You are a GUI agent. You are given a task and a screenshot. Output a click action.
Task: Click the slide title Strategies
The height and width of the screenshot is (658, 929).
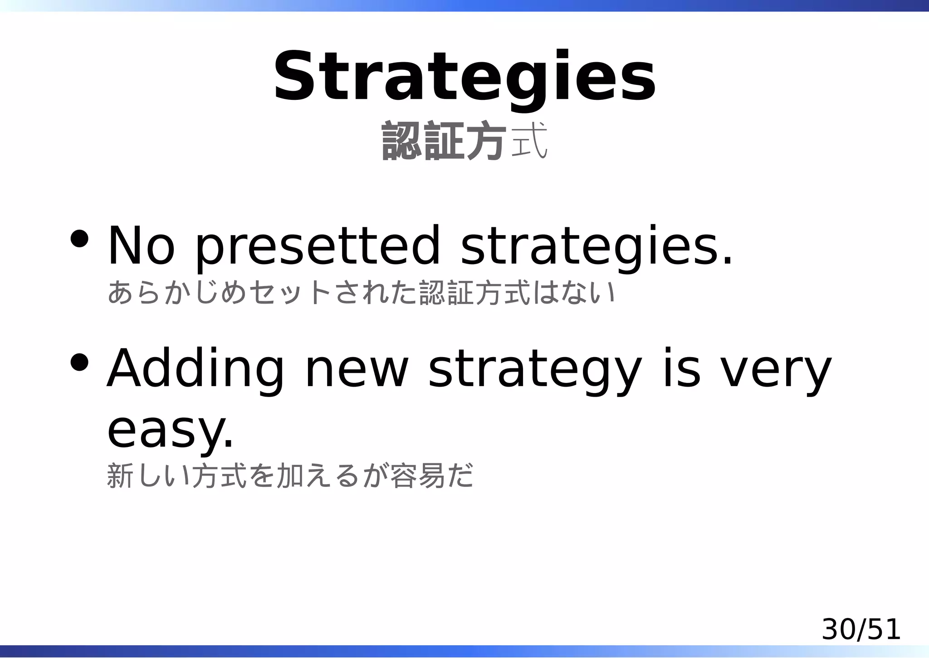tap(464, 77)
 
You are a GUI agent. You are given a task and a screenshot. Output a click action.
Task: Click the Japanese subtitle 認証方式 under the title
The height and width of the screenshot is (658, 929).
tap(464, 141)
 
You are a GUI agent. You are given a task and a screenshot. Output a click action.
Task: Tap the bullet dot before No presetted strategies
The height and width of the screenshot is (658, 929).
tap(79, 239)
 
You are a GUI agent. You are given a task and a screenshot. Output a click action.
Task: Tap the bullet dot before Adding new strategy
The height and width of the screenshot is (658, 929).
tap(79, 362)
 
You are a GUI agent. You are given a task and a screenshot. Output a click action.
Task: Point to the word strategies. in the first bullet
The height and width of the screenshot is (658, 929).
tap(596, 246)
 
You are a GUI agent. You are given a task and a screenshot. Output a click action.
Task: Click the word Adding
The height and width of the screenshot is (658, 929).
tap(195, 368)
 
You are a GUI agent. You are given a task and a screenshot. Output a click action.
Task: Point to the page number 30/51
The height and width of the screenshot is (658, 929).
tap(861, 630)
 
